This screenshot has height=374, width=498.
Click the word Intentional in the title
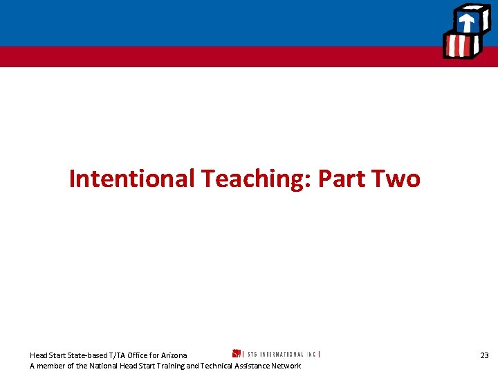click(x=132, y=179)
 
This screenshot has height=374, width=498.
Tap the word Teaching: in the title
click(x=256, y=179)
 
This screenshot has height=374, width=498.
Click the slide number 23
click(x=484, y=355)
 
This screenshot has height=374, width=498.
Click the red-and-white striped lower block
click(x=460, y=47)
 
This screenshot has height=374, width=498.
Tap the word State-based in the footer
click(x=82, y=355)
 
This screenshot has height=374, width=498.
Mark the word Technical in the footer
click(x=217, y=366)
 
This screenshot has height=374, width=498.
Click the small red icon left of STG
click(x=236, y=353)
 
